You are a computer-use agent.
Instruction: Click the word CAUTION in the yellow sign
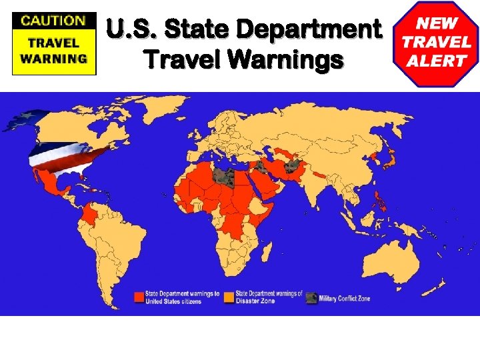click(x=54, y=20)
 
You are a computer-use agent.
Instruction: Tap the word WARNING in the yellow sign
click(x=54, y=58)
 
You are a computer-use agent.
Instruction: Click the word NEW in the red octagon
click(x=438, y=22)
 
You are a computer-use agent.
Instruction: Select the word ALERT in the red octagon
click(x=438, y=61)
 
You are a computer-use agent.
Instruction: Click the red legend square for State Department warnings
click(x=139, y=297)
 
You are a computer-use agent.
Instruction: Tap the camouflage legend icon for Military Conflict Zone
click(x=311, y=298)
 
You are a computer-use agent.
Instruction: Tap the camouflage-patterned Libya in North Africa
click(x=225, y=177)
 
